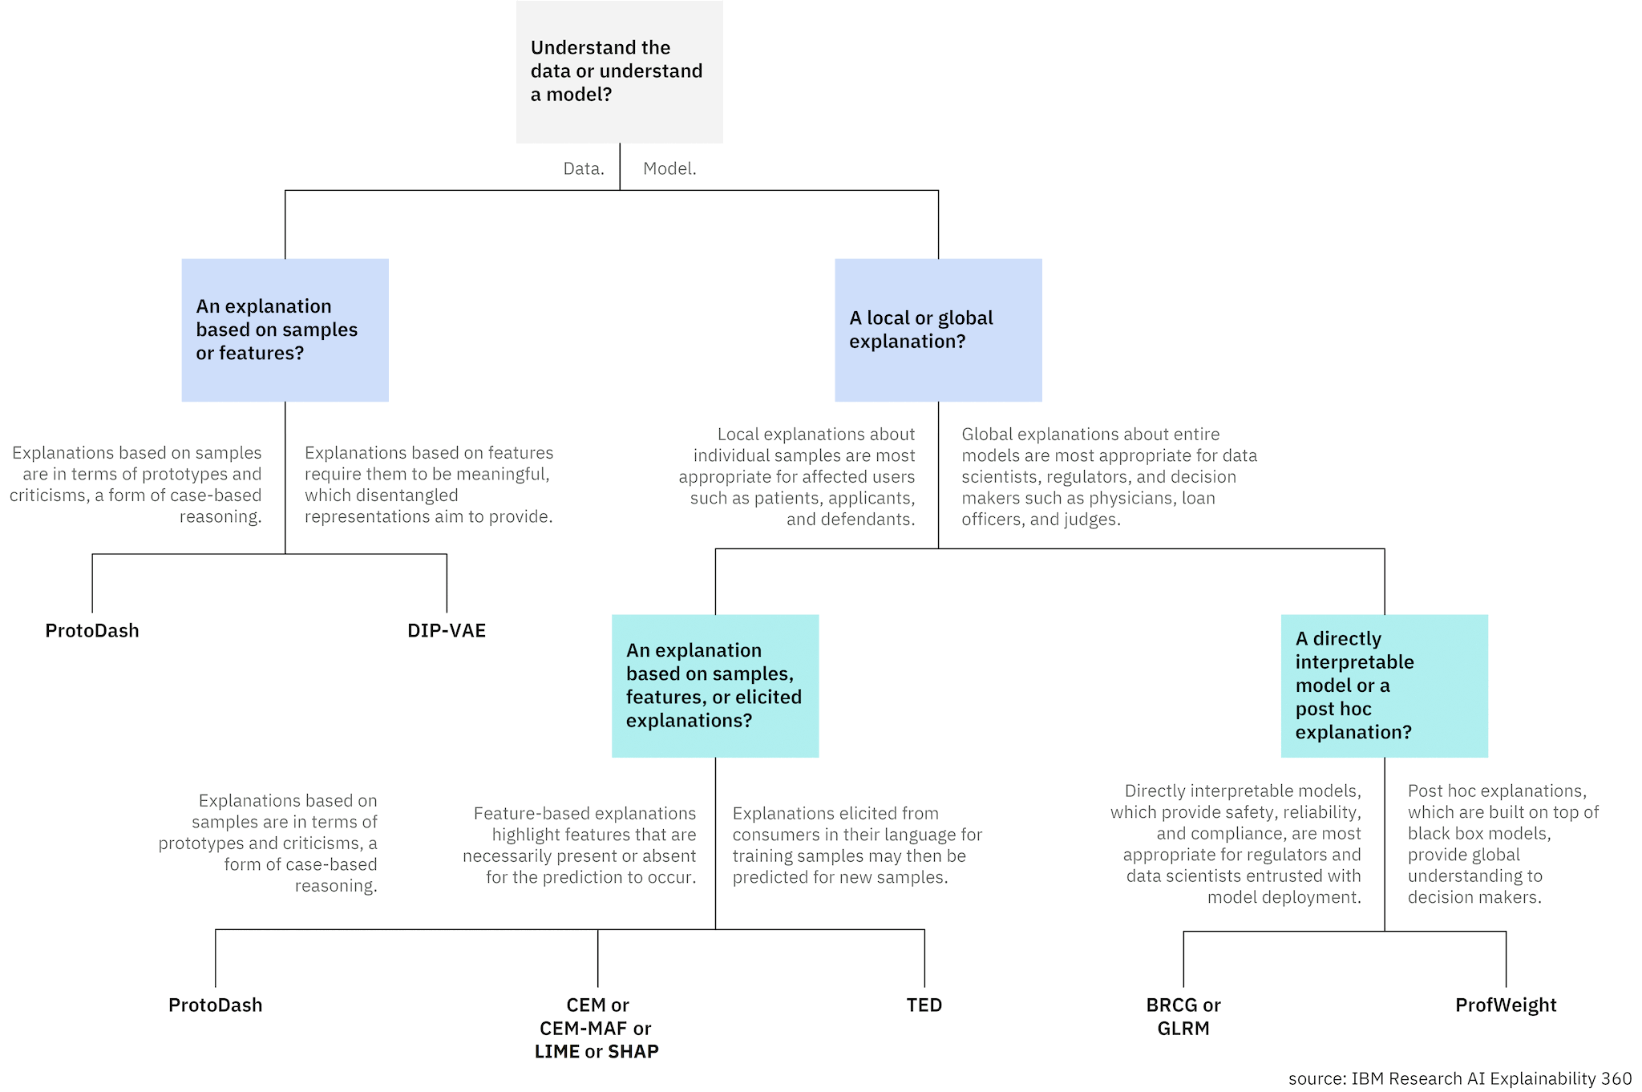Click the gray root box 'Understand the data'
(x=619, y=71)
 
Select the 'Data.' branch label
(x=583, y=168)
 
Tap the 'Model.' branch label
(x=669, y=168)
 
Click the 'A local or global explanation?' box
(x=938, y=330)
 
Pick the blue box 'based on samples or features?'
(x=285, y=330)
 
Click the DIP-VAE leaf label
(x=447, y=630)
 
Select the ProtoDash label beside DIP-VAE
(x=92, y=630)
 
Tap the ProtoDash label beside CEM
(x=215, y=1005)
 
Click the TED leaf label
(x=924, y=1005)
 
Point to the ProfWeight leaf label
(x=1505, y=1005)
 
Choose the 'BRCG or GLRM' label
(x=1183, y=1016)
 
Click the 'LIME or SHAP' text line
(x=597, y=1051)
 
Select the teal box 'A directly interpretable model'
(x=1384, y=686)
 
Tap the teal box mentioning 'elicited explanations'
(x=714, y=686)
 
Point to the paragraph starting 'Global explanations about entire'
(x=1109, y=476)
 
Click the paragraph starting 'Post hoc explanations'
(x=1502, y=843)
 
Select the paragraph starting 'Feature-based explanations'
(x=580, y=845)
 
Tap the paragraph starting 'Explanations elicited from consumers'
(x=856, y=845)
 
